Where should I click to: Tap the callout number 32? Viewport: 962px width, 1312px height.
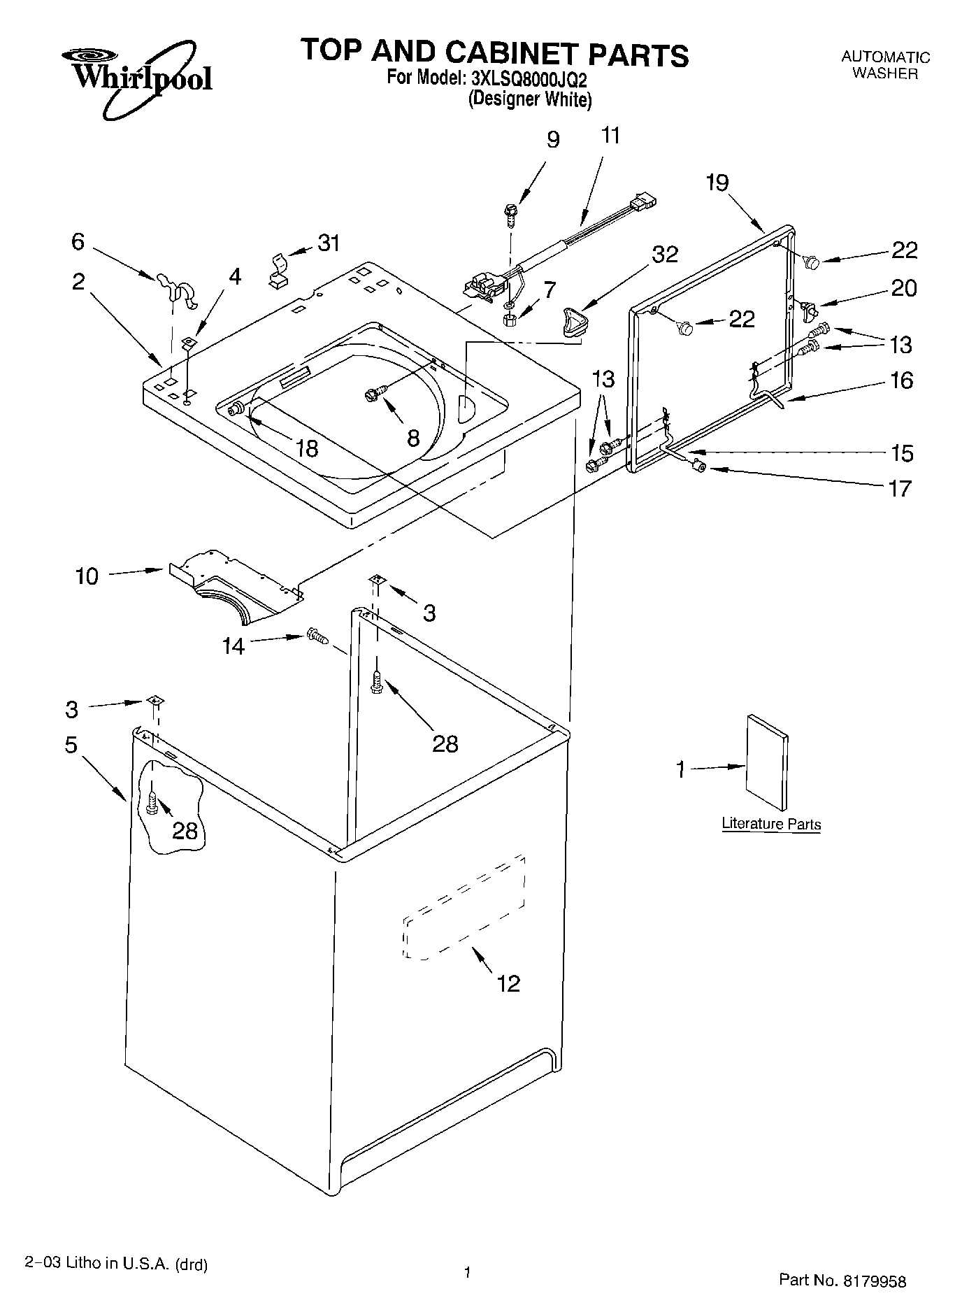click(664, 255)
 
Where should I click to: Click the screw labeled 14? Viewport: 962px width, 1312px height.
click(317, 636)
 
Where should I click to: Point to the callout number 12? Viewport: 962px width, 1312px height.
click(508, 983)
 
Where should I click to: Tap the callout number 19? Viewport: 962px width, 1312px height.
click(717, 183)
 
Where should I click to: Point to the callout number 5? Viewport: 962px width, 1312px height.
click(71, 745)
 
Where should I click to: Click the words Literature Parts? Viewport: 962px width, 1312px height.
click(770, 824)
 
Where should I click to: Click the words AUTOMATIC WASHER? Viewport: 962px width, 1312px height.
click(884, 65)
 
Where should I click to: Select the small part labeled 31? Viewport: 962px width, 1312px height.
click(278, 272)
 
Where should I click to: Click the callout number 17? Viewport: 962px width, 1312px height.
click(902, 487)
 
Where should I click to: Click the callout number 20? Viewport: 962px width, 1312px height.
click(903, 288)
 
